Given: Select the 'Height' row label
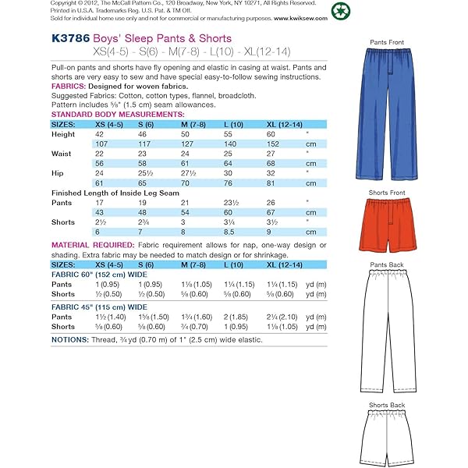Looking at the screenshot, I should click(x=63, y=133).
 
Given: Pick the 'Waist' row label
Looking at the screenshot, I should click(x=62, y=154).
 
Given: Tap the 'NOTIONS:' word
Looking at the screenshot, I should click(x=72, y=339).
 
